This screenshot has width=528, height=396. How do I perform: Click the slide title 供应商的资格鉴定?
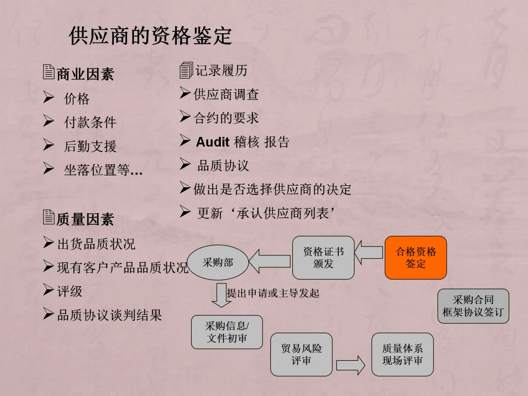tap(150, 37)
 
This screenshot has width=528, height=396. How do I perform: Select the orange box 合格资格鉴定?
tap(416, 258)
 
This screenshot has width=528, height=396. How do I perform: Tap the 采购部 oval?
tap(218, 263)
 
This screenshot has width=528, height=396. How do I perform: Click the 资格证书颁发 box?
tap(323, 258)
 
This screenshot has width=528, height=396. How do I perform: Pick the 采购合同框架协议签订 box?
tap(473, 306)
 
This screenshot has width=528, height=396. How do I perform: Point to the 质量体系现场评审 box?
tap(402, 354)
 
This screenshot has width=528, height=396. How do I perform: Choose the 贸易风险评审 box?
tap(301, 354)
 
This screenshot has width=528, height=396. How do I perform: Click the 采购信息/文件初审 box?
tap(226, 332)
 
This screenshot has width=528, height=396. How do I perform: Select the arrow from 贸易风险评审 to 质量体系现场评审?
tap(351, 365)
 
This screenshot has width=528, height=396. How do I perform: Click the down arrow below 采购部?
tap(222, 295)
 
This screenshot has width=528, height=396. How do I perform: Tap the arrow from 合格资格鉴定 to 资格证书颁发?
tap(369, 252)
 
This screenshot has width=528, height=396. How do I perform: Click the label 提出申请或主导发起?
tap(273, 293)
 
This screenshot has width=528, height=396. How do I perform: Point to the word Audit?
tap(213, 142)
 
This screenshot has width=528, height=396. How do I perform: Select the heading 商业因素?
tap(85, 74)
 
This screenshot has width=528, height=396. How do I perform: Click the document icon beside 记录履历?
tap(185, 70)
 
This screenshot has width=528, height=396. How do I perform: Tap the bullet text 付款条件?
tap(90, 122)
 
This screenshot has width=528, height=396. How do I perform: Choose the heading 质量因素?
tap(85, 220)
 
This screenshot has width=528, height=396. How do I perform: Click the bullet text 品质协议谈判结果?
tap(110, 315)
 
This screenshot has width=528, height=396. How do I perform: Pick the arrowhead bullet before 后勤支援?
tap(48, 145)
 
